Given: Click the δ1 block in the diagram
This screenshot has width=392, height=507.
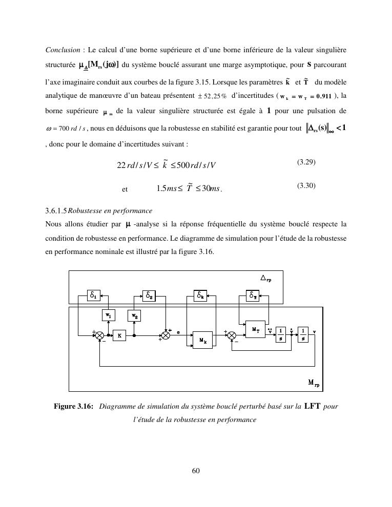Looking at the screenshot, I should [x=93, y=295].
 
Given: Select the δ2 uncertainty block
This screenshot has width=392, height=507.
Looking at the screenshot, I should [x=149, y=295].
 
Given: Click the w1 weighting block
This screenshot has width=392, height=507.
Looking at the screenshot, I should [x=109, y=316].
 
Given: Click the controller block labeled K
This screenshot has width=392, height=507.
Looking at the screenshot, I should [x=119, y=336].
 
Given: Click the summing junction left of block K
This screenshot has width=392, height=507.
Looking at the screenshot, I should [x=100, y=336].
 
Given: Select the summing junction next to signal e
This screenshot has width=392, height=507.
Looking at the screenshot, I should [x=166, y=336].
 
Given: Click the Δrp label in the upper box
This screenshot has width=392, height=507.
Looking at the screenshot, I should [x=266, y=278].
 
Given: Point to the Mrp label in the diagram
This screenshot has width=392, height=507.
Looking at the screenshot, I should [x=314, y=383].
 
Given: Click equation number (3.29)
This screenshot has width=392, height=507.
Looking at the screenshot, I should [x=306, y=162].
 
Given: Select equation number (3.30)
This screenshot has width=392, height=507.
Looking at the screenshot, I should [x=306, y=186].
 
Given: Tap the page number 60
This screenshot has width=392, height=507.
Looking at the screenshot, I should [x=196, y=471].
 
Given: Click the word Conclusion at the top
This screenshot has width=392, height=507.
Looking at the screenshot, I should [x=63, y=50].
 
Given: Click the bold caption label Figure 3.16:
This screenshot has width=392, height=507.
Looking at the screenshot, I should [x=73, y=407].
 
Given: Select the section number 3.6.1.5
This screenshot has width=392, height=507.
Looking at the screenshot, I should [x=56, y=210].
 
